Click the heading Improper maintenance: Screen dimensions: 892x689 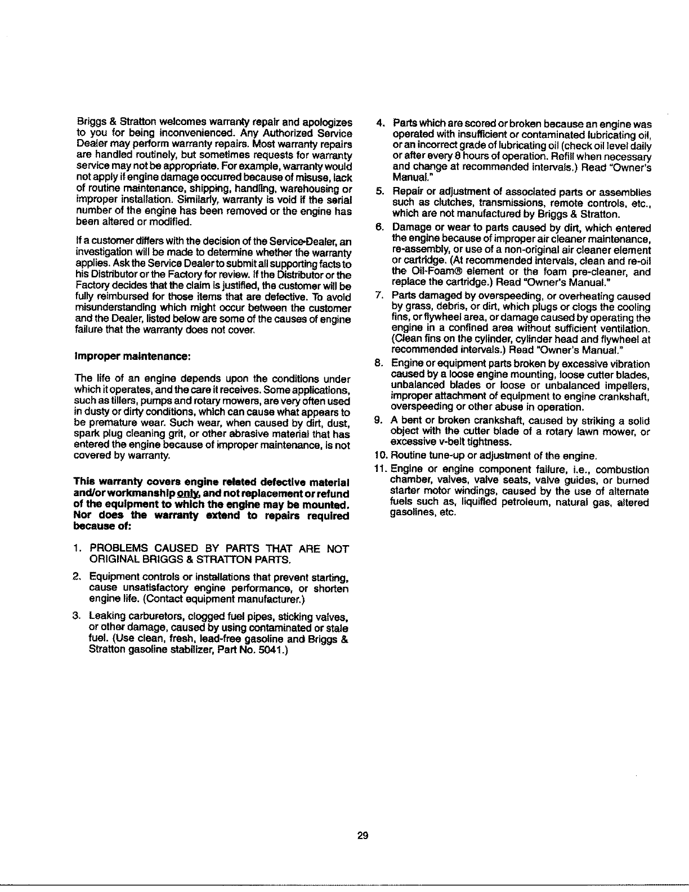(x=113, y=356)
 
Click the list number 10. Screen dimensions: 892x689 (x=379, y=456)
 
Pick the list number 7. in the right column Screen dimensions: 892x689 (x=380, y=296)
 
